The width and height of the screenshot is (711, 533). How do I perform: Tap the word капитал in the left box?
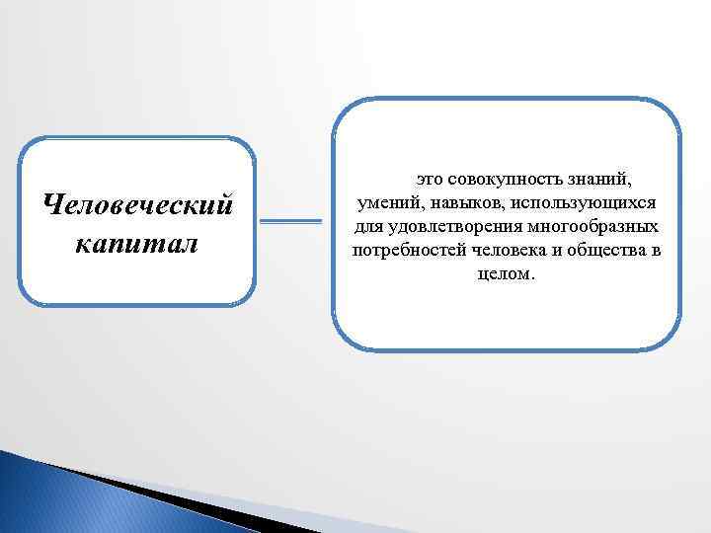point(135,242)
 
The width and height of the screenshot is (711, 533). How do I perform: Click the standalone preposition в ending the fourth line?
point(656,251)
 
